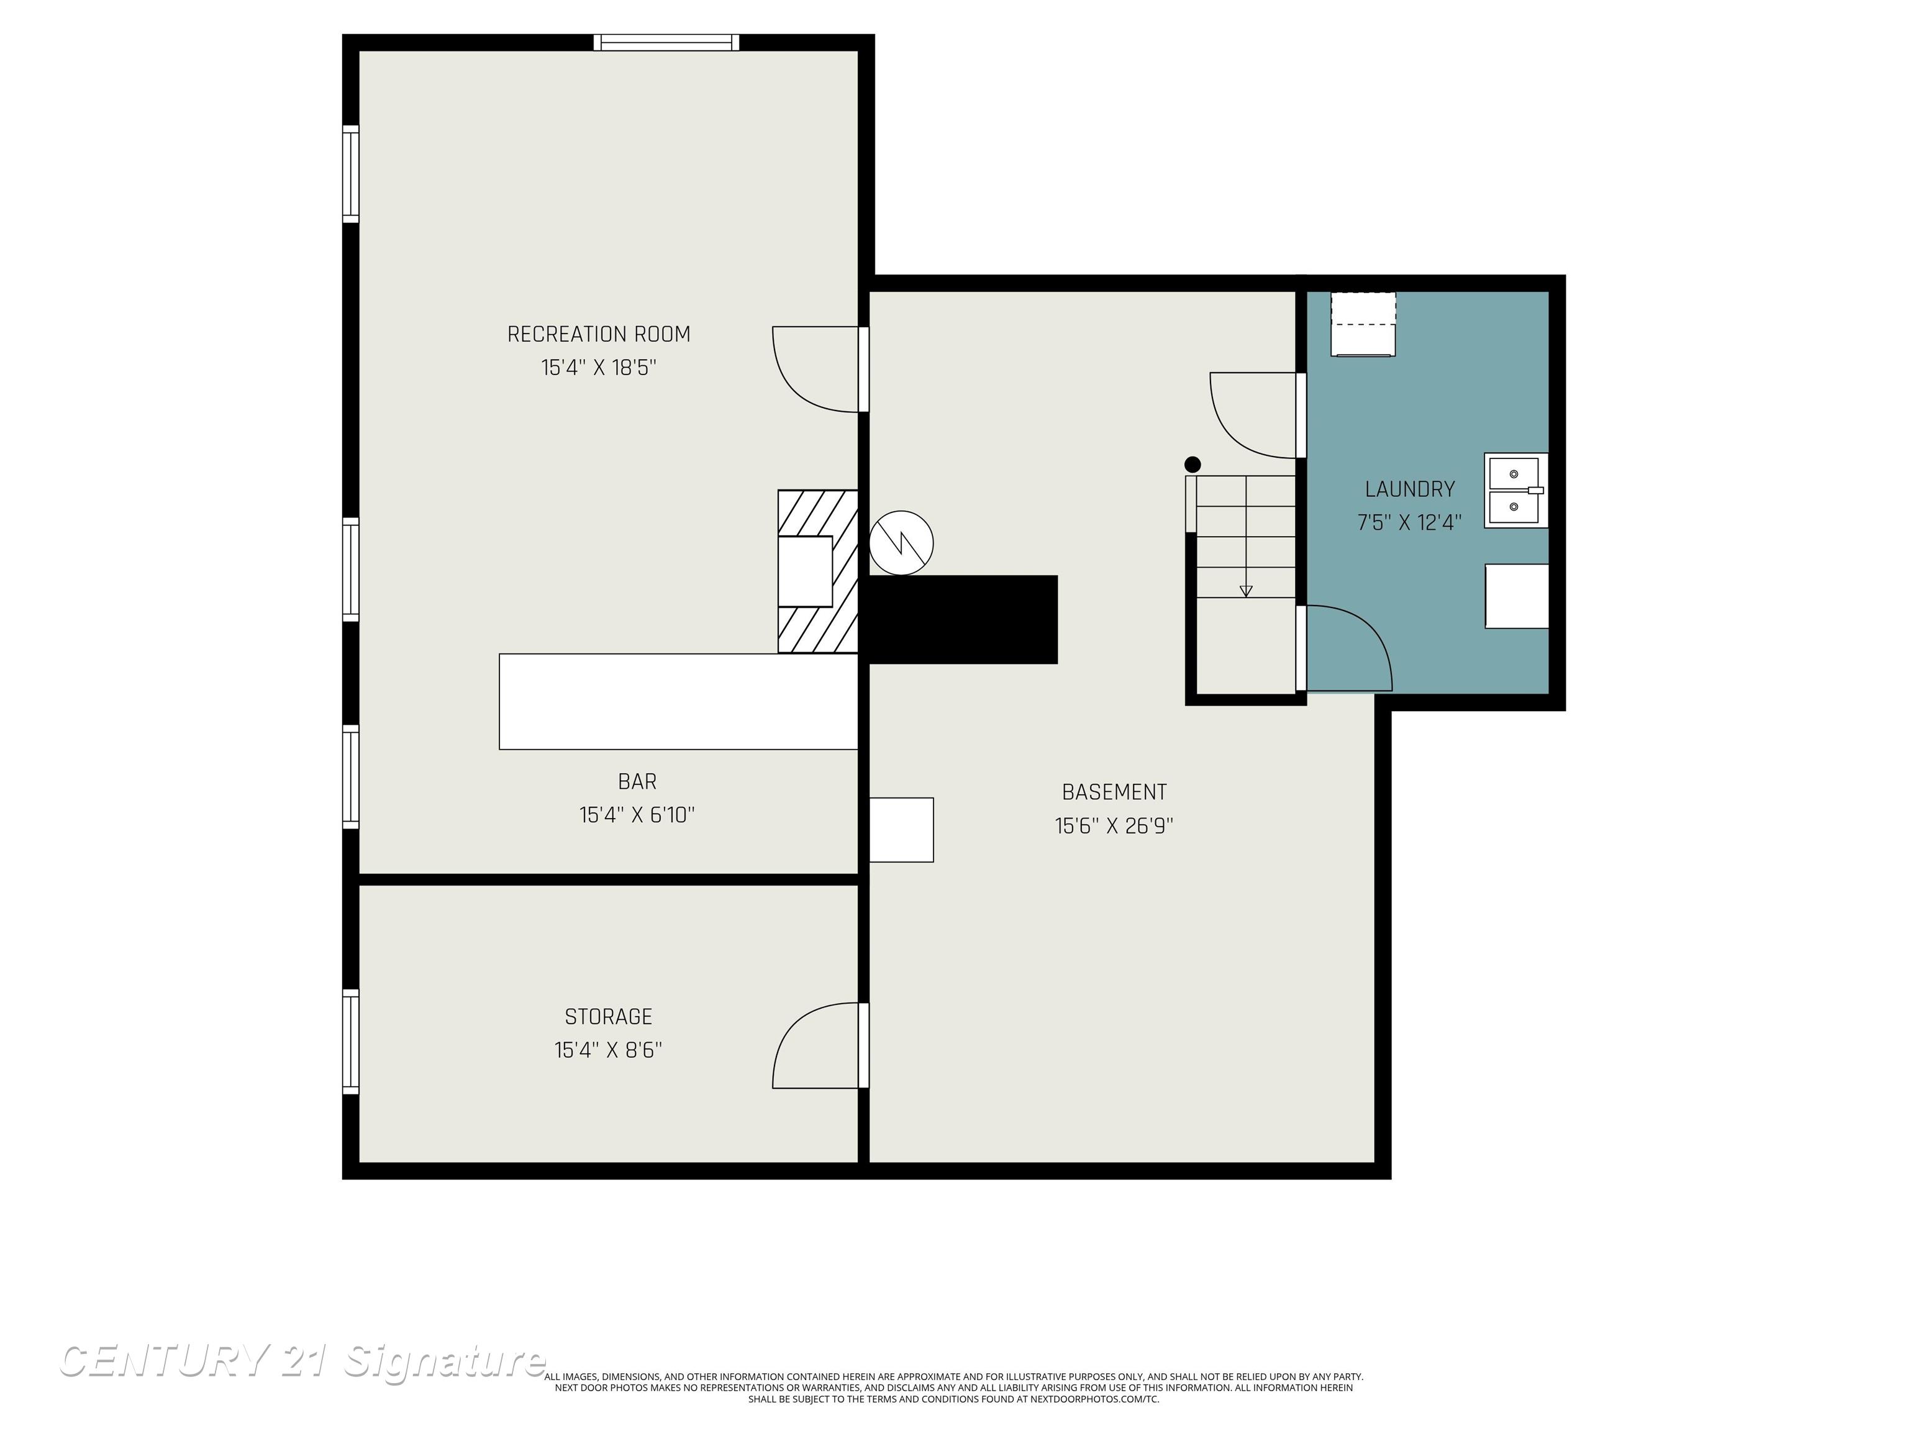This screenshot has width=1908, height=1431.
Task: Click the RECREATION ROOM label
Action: (599, 334)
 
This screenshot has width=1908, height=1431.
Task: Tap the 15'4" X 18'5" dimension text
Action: (599, 368)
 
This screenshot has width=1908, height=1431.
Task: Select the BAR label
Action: (637, 781)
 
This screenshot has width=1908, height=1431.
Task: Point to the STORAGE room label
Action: (608, 1016)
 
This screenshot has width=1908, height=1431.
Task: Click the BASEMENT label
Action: (1114, 792)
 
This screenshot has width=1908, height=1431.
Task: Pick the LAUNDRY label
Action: (1409, 489)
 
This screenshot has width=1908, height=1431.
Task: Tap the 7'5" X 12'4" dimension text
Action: (1409, 523)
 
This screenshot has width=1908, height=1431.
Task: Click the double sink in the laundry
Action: (1515, 490)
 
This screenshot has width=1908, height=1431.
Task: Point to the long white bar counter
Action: (678, 701)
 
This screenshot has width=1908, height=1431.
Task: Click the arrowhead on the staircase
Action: (1245, 591)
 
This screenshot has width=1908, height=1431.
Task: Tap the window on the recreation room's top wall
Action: (666, 42)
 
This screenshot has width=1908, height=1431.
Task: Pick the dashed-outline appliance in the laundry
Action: (1363, 324)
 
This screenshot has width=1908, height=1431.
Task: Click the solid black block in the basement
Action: (963, 619)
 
